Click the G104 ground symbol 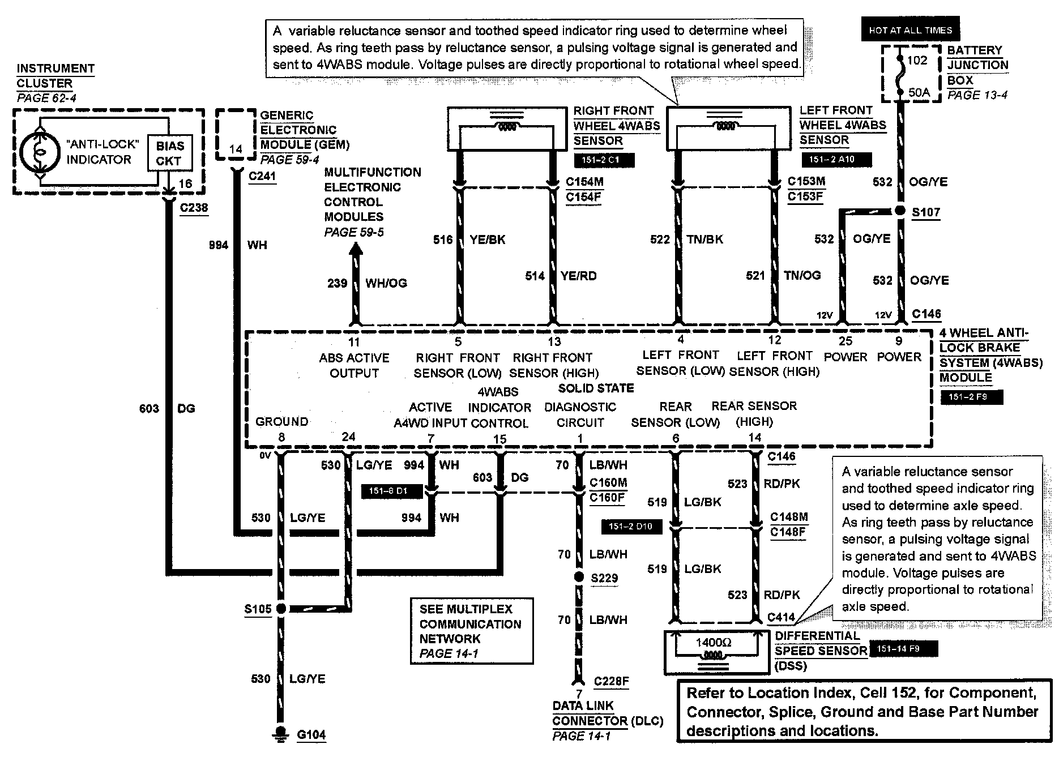tap(280, 733)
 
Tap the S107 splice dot tap(899, 211)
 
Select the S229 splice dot tap(579, 577)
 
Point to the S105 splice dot tap(280, 609)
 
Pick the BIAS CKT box tap(169, 153)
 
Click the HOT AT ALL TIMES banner tap(911, 31)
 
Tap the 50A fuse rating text tap(919, 92)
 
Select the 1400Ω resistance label tap(713, 643)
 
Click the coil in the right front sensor tap(507, 127)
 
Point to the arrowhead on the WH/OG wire tap(355, 247)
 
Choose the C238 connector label tap(194, 208)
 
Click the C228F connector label tap(611, 681)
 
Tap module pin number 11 tap(354, 342)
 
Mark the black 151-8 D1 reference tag tap(392, 491)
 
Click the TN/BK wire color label tap(704, 240)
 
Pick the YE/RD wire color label tap(578, 276)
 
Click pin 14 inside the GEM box tap(236, 149)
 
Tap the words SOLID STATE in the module tap(596, 388)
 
